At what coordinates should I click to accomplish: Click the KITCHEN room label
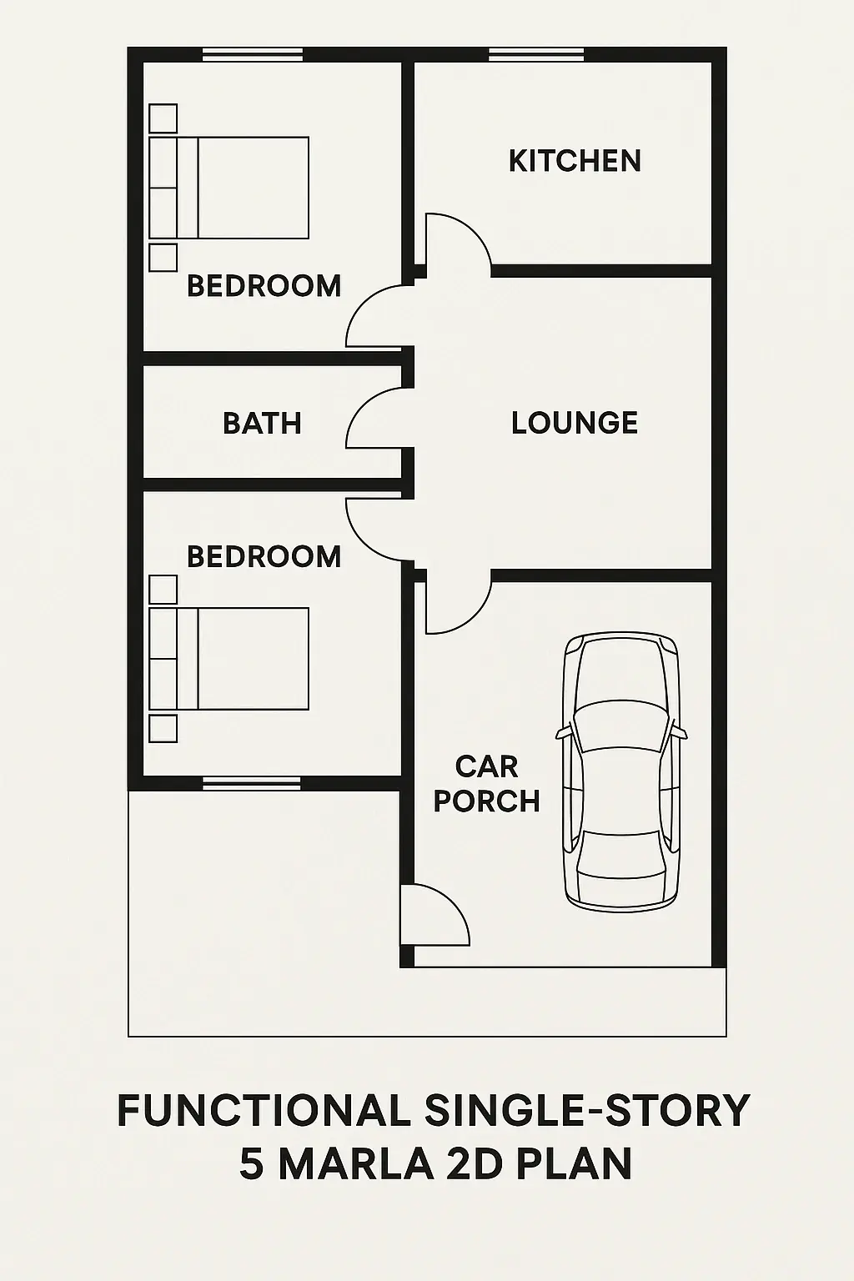(575, 161)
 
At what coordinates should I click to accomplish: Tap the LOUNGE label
(575, 423)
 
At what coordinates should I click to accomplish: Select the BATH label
(262, 424)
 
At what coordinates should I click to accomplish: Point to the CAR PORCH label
(487, 784)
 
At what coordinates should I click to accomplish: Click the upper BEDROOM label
(264, 286)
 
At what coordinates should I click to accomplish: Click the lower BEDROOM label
(264, 557)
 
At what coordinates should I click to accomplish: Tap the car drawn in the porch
(621, 771)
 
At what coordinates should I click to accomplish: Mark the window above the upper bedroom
(253, 55)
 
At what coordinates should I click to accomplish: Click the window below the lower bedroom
(251, 782)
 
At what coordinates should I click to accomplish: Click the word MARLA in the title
(355, 1163)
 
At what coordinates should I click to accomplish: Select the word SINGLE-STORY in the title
(587, 1111)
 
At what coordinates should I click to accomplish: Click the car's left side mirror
(565, 732)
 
